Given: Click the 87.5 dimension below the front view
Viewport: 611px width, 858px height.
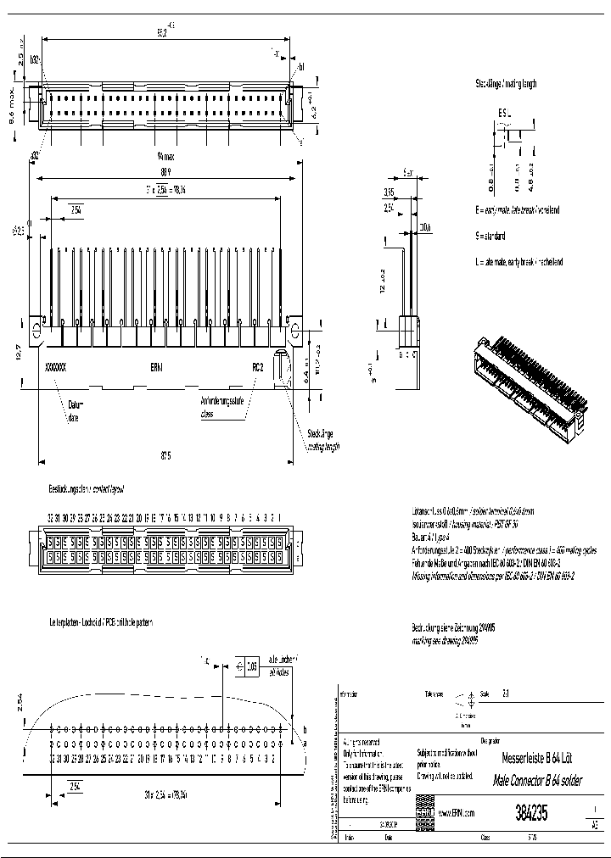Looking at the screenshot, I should coord(165,455).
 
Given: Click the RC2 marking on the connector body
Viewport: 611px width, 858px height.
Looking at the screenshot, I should coord(258,367).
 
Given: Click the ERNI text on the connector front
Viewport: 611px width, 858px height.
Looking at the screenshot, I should coord(158,367).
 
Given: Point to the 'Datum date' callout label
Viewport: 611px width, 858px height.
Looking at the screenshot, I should coord(76,411).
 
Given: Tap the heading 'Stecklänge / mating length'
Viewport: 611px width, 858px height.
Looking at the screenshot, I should coord(506,84).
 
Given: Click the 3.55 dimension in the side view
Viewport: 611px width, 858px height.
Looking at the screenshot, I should coord(388,192).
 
